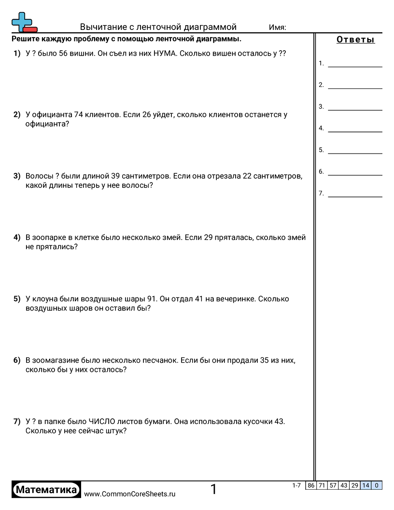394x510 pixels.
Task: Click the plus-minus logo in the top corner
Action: [x=24, y=22]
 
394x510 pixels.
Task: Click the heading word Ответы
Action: [x=355, y=40]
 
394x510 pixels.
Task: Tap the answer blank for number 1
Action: [x=355, y=63]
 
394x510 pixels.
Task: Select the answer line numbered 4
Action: [x=355, y=128]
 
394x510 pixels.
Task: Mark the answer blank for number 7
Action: [x=355, y=194]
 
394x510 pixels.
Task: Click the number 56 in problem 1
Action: [x=64, y=54]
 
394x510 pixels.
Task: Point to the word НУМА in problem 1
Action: [x=164, y=54]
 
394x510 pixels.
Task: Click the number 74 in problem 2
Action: [x=79, y=115]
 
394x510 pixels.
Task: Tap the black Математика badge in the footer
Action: [x=46, y=490]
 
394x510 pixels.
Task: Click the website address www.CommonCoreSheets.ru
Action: [x=129, y=494]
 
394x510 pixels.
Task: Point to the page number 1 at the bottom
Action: [x=213, y=490]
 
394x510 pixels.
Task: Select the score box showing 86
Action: [x=311, y=486]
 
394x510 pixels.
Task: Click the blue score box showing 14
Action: [x=366, y=486]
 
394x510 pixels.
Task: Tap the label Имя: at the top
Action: [x=278, y=27]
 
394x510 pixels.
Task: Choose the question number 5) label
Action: [x=17, y=299]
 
